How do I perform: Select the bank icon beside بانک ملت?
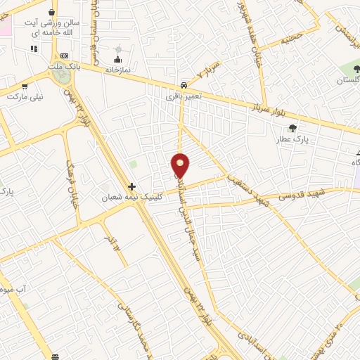pos(64,56)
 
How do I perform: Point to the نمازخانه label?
pos(119,70)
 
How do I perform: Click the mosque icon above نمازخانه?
pos(117,58)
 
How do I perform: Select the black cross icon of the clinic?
pos(131,186)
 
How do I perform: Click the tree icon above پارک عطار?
pos(292,128)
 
